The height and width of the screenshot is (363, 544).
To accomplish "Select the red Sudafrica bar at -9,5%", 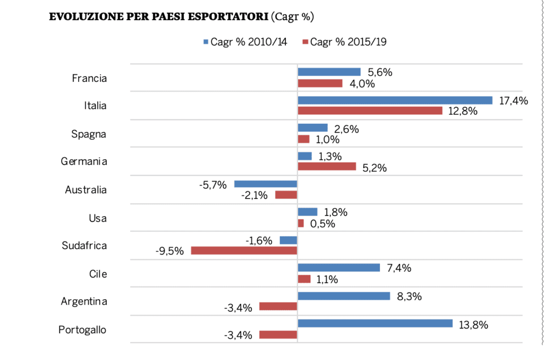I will [x=244, y=250].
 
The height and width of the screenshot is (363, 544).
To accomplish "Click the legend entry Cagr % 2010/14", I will [x=245, y=42].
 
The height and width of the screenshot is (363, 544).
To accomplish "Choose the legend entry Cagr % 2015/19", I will [x=344, y=42].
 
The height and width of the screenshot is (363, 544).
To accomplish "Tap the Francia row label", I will [x=89, y=78].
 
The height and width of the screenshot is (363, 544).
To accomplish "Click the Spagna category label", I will [x=89, y=134].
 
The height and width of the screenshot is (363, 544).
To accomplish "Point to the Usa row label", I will [x=98, y=218].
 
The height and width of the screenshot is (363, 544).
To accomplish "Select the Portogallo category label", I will [x=82, y=330].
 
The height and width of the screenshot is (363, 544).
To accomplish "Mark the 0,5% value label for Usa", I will [x=322, y=224].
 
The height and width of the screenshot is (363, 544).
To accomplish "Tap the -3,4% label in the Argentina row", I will [x=239, y=307].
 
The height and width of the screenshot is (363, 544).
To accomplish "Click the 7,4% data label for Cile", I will [x=399, y=268].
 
